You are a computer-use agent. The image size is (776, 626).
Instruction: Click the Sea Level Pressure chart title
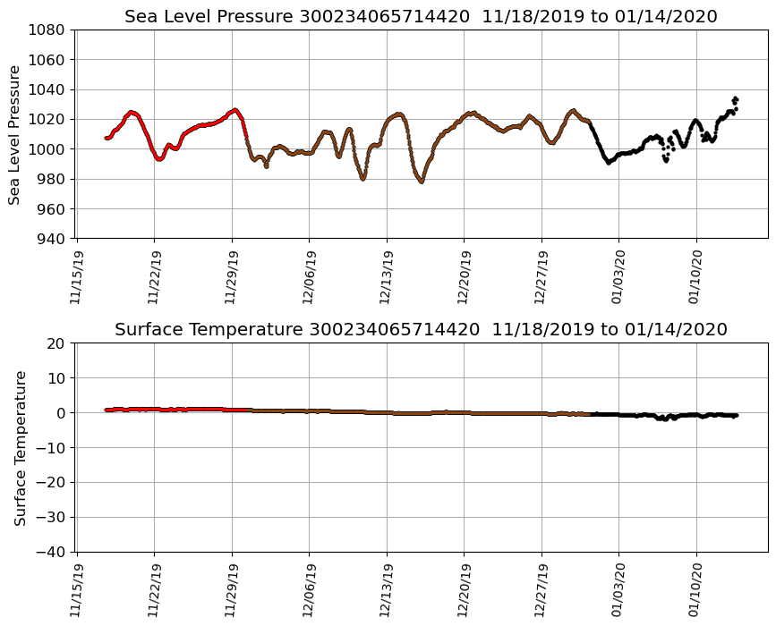tap(421, 16)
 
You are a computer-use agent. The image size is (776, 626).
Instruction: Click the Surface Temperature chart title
tap(421, 329)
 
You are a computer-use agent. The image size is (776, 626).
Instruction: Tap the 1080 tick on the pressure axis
tap(46, 30)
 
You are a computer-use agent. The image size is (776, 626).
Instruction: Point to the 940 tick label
tap(50, 239)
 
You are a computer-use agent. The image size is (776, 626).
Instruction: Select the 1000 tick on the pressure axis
tap(46, 149)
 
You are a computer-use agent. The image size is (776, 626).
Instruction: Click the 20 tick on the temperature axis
tap(55, 343)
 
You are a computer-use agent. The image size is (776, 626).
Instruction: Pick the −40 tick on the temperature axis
tap(51, 552)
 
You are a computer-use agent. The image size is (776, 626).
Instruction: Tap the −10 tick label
tap(51, 447)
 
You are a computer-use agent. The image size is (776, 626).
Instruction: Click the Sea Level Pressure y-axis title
tap(15, 134)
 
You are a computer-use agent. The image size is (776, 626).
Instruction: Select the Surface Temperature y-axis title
tap(20, 447)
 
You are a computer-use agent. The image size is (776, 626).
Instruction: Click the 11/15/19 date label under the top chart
tap(77, 272)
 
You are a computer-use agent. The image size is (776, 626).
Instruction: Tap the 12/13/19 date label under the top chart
tap(387, 272)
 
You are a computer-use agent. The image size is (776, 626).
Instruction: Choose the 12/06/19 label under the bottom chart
tap(310, 586)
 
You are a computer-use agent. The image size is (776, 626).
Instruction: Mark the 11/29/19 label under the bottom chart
tap(233, 586)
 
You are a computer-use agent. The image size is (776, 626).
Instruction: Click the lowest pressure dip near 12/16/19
tap(421, 182)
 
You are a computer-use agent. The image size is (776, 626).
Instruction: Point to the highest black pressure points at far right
tap(735, 99)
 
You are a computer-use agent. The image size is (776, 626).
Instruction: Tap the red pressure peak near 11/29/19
tap(235, 110)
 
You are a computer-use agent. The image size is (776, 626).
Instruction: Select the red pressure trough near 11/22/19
tap(159, 159)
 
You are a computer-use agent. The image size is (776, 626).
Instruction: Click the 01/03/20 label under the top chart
tap(618, 272)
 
